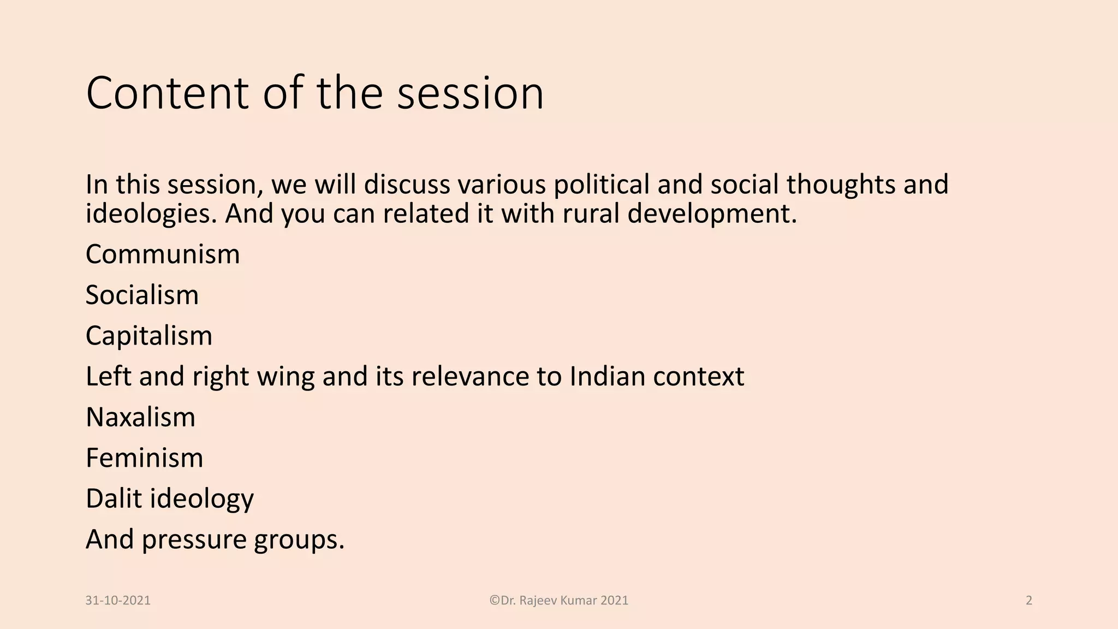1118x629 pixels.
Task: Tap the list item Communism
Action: coord(163,254)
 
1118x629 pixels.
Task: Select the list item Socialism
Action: coord(142,295)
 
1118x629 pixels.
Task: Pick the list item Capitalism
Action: coord(148,336)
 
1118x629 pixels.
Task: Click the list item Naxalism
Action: coord(140,417)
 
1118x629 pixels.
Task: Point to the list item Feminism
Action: coord(144,458)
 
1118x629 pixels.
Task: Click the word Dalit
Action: coord(114,499)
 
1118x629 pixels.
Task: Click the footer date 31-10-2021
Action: coord(118,601)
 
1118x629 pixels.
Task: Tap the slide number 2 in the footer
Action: coord(1029,601)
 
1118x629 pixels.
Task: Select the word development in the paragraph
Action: coord(712,213)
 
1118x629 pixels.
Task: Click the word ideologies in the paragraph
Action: coord(151,213)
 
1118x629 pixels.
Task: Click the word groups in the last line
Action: coord(299,540)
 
